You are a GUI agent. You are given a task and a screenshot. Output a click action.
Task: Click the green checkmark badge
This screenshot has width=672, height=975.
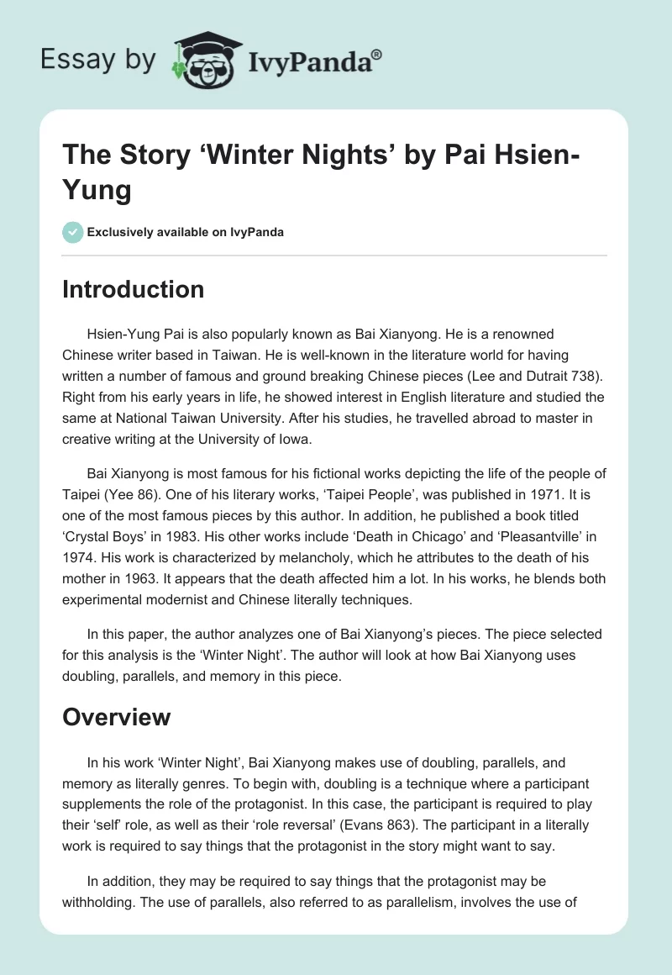click(x=72, y=232)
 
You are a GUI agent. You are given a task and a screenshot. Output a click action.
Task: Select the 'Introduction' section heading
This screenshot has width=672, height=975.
click(x=134, y=289)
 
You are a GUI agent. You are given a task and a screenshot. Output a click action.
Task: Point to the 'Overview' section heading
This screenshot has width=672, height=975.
click(x=117, y=717)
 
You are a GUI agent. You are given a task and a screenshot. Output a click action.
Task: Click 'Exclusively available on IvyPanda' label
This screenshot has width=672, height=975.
click(x=185, y=232)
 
